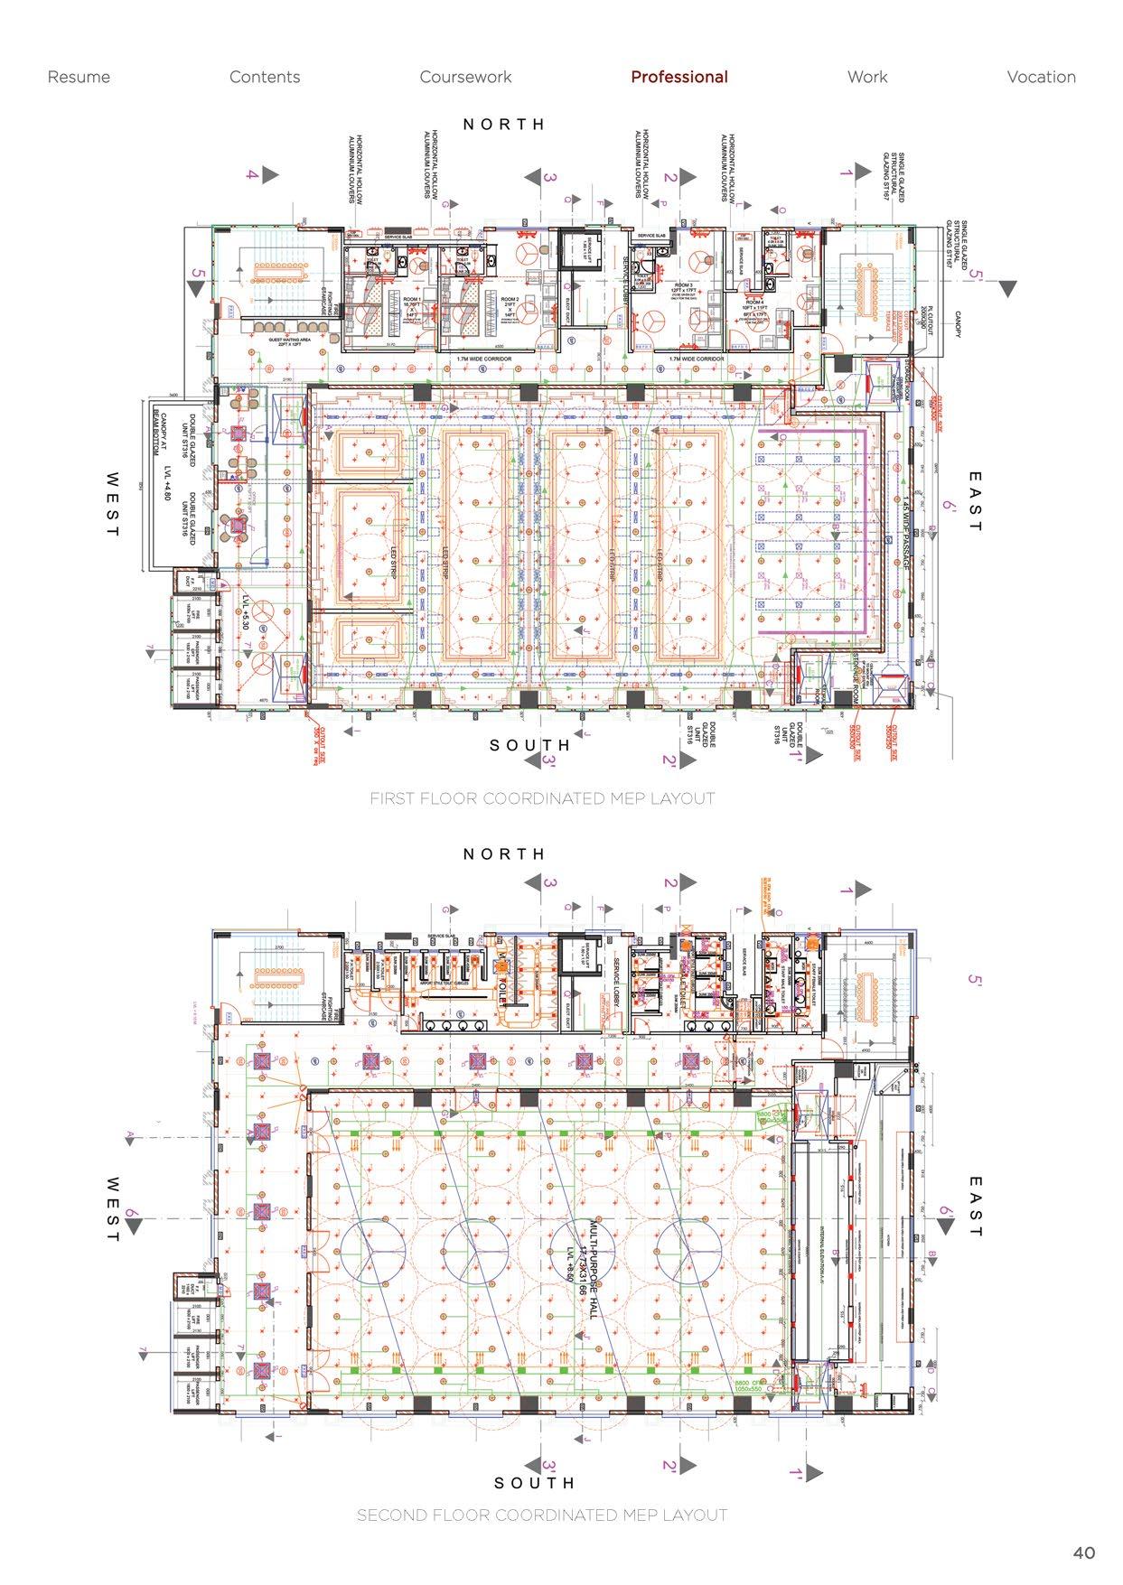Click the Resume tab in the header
click(79, 77)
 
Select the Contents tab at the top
click(265, 77)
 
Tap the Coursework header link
click(465, 77)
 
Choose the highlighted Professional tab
click(678, 77)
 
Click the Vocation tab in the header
click(1041, 77)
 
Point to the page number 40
click(1084, 1552)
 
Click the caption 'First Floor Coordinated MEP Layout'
click(542, 798)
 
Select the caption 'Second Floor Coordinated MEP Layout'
click(542, 1515)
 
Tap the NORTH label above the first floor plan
click(504, 125)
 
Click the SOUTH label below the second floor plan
click(534, 1483)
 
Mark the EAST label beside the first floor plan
click(974, 501)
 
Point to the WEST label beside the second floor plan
click(112, 1208)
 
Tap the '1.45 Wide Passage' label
click(904, 533)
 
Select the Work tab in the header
click(867, 77)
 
